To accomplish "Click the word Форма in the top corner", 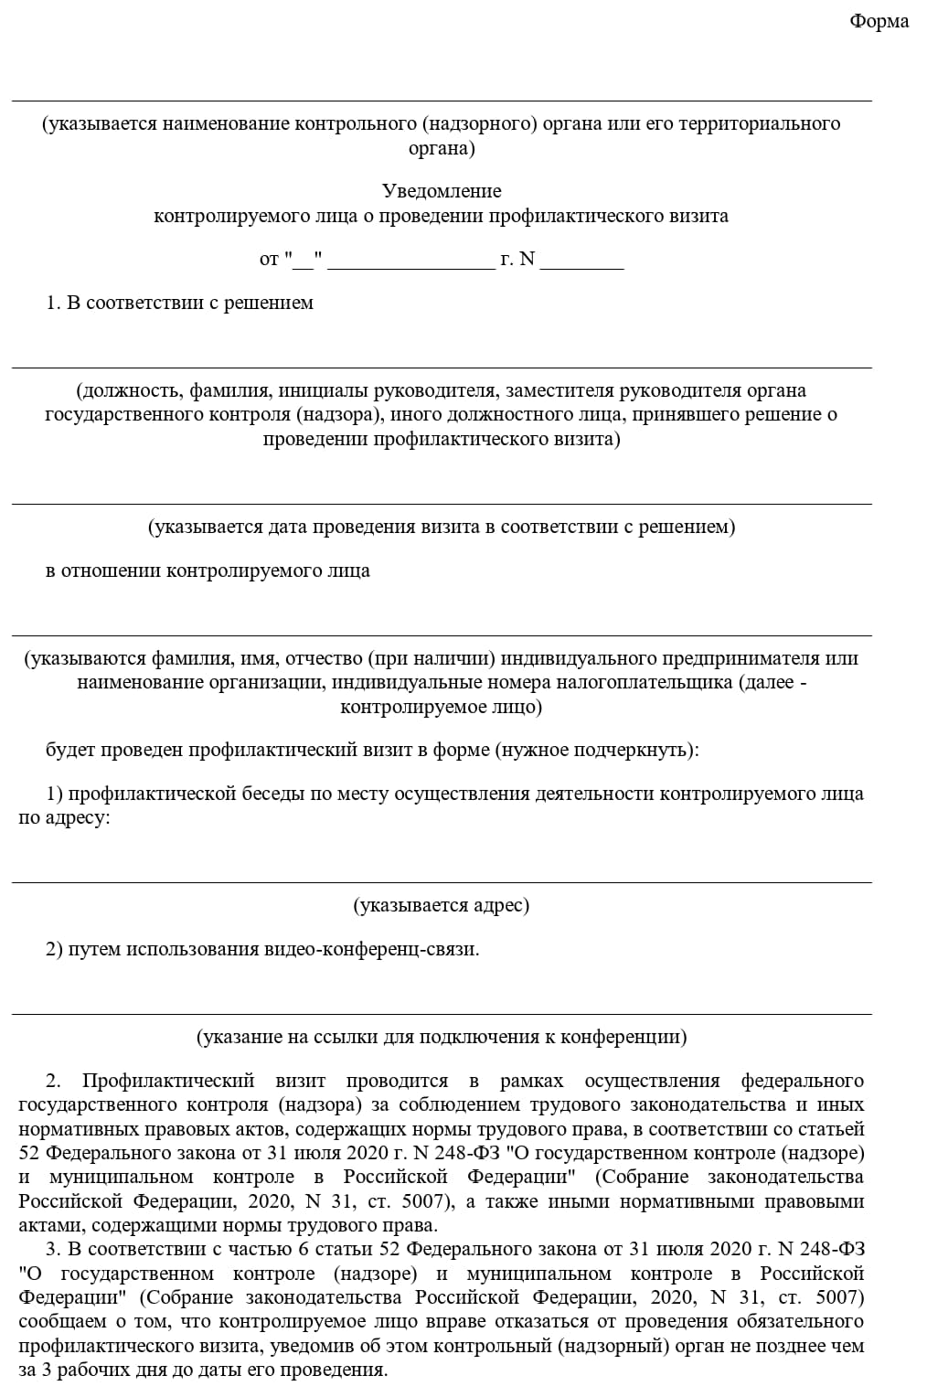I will [879, 21].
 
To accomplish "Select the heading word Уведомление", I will [442, 191].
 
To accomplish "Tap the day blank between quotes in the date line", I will [304, 260].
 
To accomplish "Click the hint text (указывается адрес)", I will [442, 905].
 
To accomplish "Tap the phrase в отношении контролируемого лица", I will [208, 571].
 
